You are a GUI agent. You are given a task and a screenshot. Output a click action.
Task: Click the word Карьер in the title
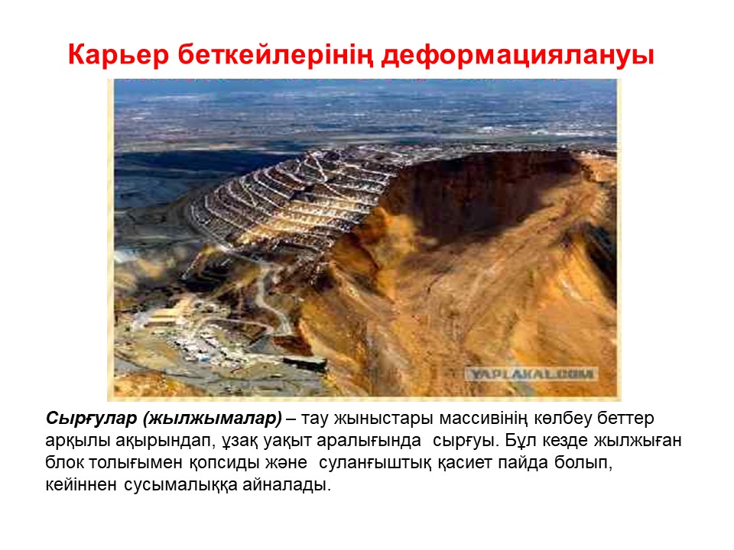(x=119, y=55)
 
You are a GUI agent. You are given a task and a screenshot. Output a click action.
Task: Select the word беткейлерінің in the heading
(x=275, y=56)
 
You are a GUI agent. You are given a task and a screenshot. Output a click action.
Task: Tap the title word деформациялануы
(x=518, y=56)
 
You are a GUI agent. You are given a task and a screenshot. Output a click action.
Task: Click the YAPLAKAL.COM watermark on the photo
(x=531, y=374)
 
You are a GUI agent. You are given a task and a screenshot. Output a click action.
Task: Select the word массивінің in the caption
(x=484, y=418)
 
